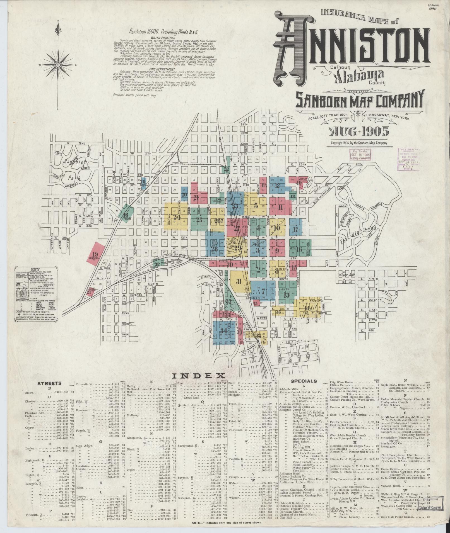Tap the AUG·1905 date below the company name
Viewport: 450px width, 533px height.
pyautogui.click(x=359, y=131)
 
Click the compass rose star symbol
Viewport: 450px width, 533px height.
pyautogui.click(x=58, y=65)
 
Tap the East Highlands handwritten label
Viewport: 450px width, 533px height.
pyautogui.click(x=358, y=234)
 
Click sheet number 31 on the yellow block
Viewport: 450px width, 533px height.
pyautogui.click(x=239, y=281)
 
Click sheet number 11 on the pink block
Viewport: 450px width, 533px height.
pyautogui.click(x=280, y=207)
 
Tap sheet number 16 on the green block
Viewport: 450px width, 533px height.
pyautogui.click(x=300, y=249)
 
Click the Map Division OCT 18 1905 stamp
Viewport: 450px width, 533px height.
pyautogui.click(x=360, y=154)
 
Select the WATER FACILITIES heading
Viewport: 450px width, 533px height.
pyautogui.click(x=163, y=37)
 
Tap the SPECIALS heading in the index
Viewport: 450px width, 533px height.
pyautogui.click(x=304, y=381)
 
